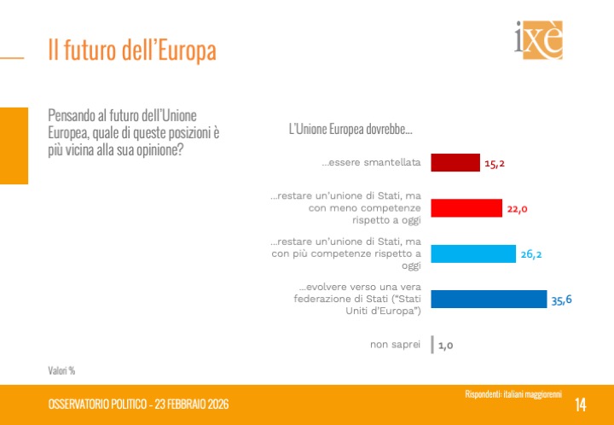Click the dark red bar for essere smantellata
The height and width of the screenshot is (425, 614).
pyautogui.click(x=455, y=162)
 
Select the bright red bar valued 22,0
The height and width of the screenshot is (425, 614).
pyautogui.click(x=466, y=208)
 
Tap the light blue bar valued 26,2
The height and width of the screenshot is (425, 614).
pyautogui.click(x=473, y=253)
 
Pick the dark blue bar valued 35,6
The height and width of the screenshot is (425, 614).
pyautogui.click(x=489, y=299)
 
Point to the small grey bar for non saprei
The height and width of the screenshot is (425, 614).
pyautogui.click(x=433, y=345)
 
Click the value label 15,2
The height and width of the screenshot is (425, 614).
pyautogui.click(x=496, y=163)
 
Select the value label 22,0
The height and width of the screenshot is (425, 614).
pyautogui.click(x=518, y=209)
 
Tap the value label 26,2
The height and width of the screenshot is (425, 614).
pyautogui.click(x=532, y=254)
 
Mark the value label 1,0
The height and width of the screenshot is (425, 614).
pyautogui.click(x=445, y=346)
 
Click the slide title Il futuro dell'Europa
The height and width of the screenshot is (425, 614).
pyautogui.click(x=131, y=49)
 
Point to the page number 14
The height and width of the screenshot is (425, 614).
pyautogui.click(x=581, y=404)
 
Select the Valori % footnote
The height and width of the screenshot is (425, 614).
pyautogui.click(x=61, y=370)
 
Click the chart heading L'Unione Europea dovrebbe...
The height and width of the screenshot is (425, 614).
pyautogui.click(x=350, y=130)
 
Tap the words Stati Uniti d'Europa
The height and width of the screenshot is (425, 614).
pyautogui.click(x=377, y=305)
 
